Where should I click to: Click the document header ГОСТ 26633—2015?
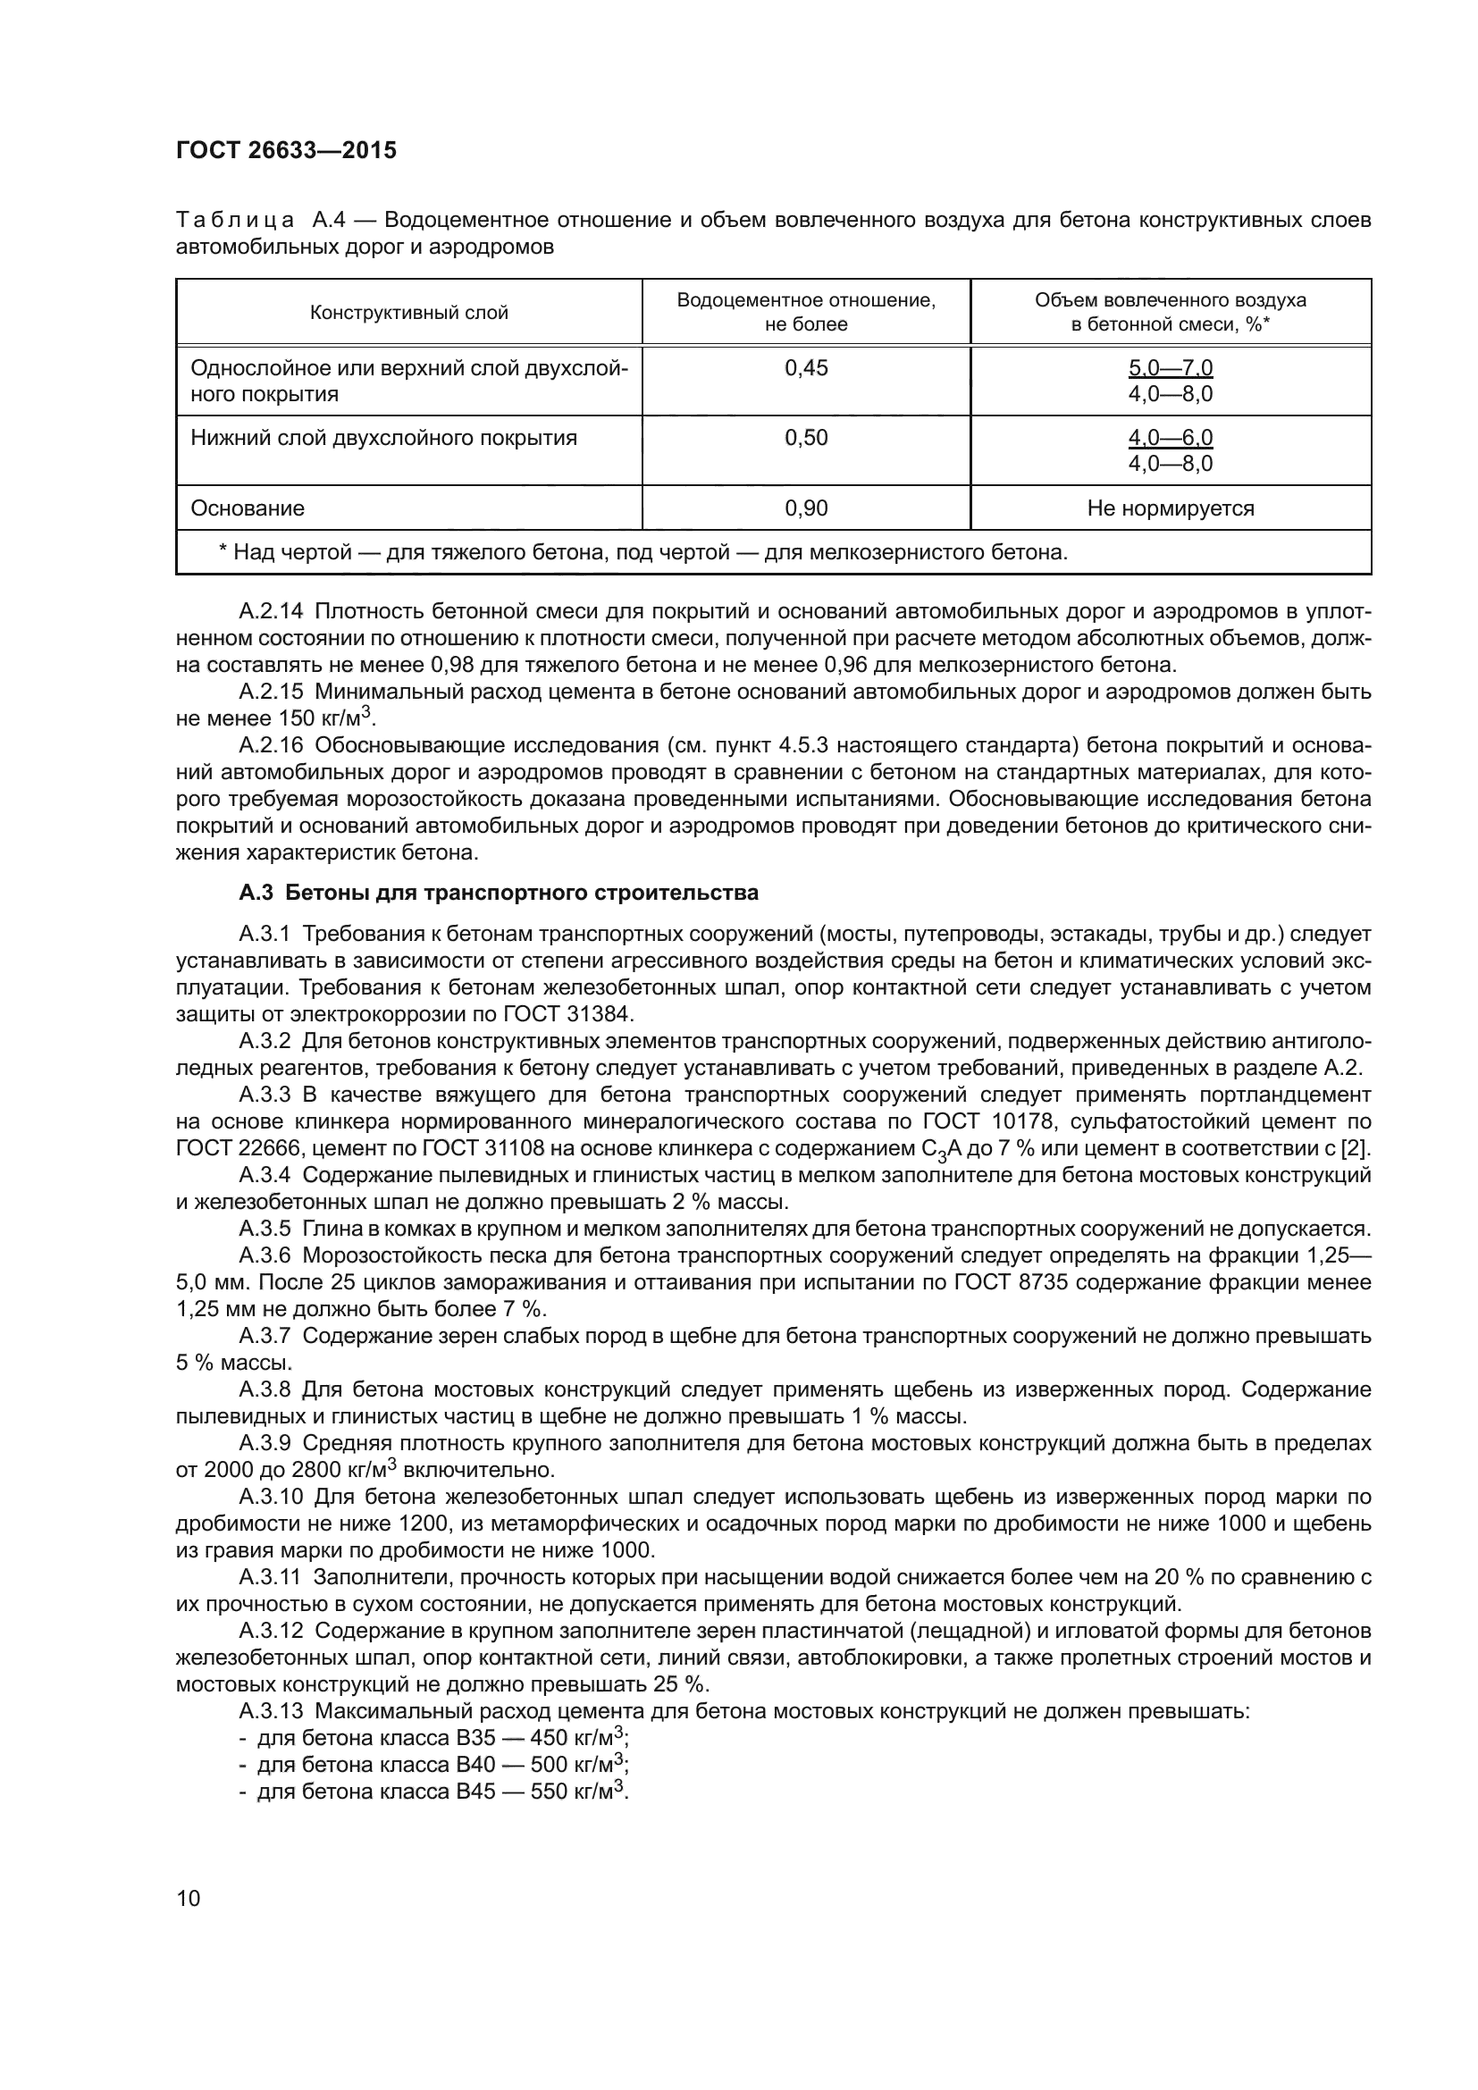tap(286, 150)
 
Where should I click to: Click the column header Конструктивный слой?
tap(408, 313)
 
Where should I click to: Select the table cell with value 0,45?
tap(805, 368)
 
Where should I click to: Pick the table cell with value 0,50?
tap(805, 438)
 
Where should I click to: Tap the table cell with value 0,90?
tap(805, 508)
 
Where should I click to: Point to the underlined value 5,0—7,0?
tap(1170, 368)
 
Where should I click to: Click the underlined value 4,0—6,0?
tap(1170, 438)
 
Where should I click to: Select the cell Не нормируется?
tap(1170, 508)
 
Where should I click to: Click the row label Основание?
tap(247, 508)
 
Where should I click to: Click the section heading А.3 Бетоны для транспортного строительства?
tap(498, 893)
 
